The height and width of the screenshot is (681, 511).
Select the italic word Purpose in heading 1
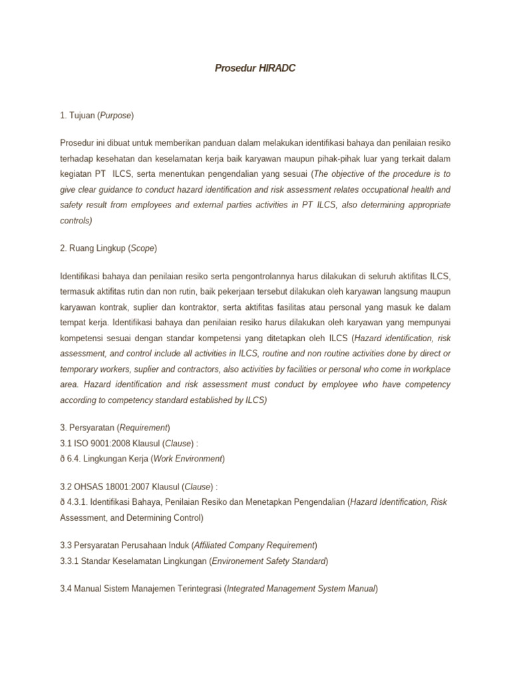(x=116, y=116)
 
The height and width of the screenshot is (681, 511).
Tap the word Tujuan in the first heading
(x=82, y=116)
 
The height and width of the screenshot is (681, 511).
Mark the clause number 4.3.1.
(x=79, y=501)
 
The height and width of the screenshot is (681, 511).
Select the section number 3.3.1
(x=70, y=561)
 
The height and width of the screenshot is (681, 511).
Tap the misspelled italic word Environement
(x=238, y=561)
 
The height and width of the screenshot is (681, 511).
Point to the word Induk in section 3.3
(x=176, y=545)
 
